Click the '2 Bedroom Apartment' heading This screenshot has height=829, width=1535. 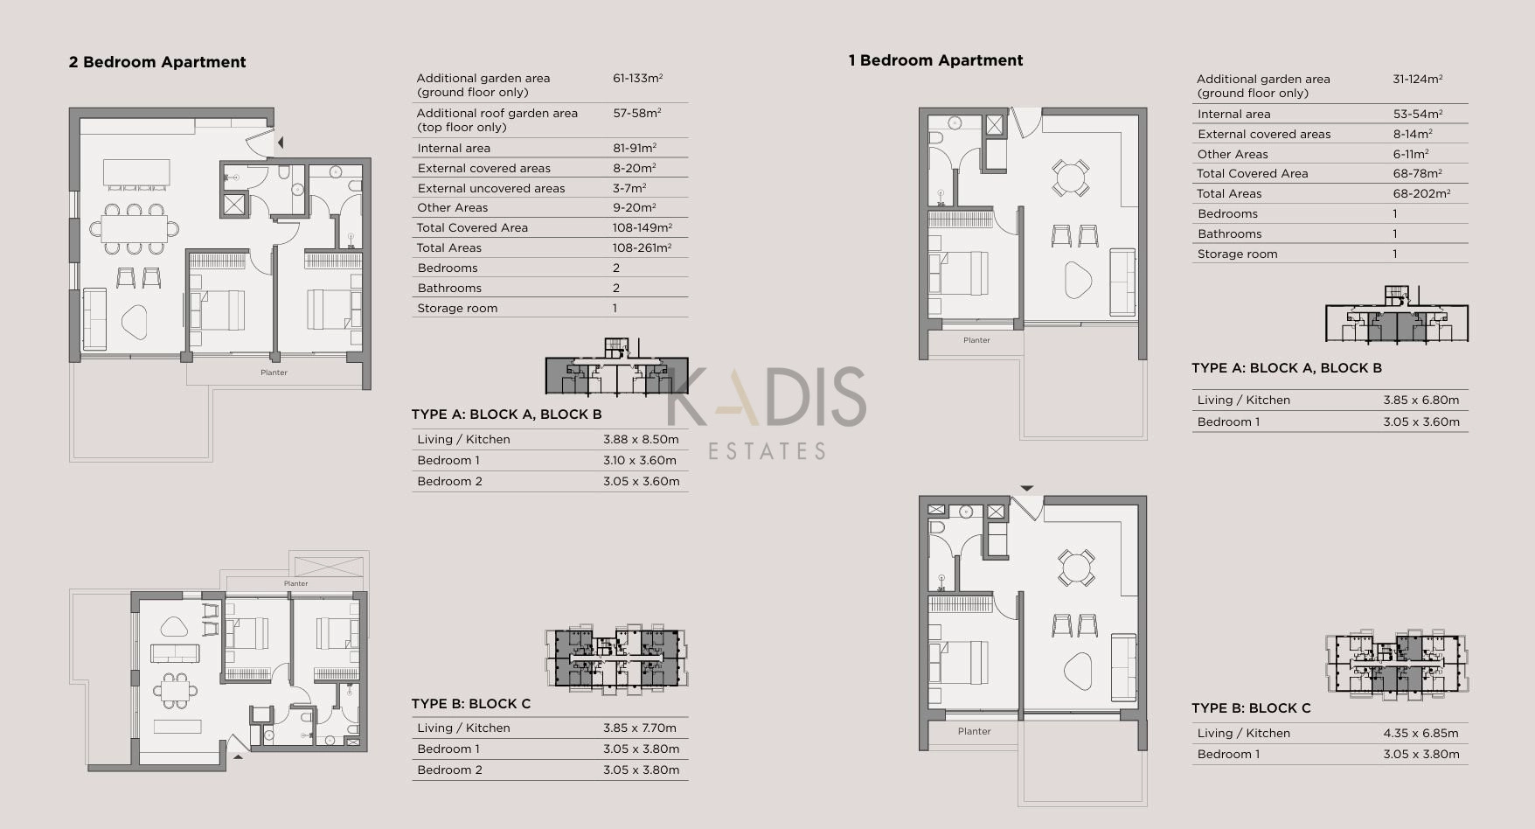tap(157, 62)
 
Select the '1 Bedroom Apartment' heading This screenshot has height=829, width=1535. tap(935, 60)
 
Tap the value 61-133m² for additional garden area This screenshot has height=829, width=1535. tap(637, 78)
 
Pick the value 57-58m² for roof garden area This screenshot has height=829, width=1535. tap(636, 113)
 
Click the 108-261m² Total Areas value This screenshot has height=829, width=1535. tap(642, 247)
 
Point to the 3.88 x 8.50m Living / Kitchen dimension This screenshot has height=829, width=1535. tap(641, 439)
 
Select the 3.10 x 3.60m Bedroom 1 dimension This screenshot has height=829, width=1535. tap(641, 460)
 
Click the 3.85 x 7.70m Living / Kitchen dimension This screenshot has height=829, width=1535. tap(640, 728)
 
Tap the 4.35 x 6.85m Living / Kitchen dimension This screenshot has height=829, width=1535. tap(1420, 733)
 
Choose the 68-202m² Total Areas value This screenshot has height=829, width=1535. tap(1421, 193)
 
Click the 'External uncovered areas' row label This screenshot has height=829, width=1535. tap(491, 188)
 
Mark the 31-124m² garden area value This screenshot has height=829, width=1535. tap(1417, 79)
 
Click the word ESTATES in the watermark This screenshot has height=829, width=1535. tap(767, 451)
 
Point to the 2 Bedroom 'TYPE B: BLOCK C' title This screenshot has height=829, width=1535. tap(471, 704)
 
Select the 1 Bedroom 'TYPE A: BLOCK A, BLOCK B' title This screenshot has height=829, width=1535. tap(1287, 368)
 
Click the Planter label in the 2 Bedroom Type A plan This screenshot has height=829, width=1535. tap(274, 373)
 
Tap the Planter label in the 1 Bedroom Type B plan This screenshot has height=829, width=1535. tap(974, 731)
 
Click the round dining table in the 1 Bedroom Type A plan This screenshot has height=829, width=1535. tap(1070, 178)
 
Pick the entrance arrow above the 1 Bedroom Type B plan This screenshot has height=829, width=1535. tap(1027, 489)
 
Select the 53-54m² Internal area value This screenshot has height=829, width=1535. tap(1417, 114)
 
